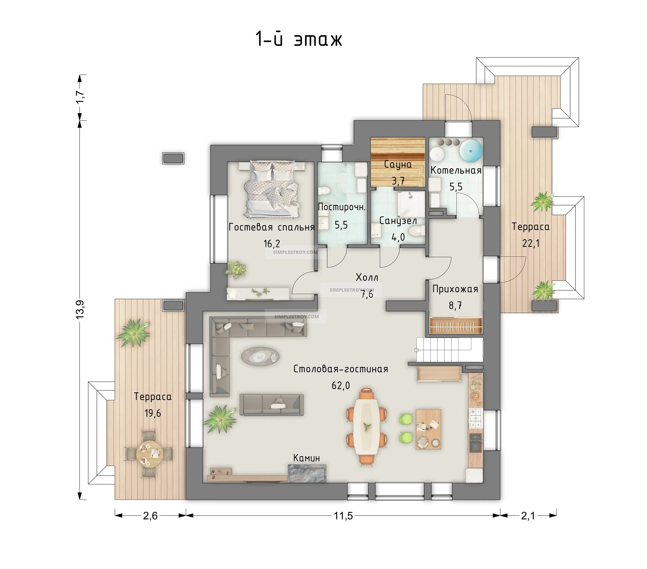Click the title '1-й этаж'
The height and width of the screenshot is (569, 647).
point(299,39)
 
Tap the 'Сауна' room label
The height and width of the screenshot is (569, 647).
point(398,164)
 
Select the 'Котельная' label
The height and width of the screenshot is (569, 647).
point(456,170)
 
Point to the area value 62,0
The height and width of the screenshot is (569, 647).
point(341,386)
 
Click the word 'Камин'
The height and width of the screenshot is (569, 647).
point(306,458)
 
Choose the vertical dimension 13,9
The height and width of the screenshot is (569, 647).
point(80,309)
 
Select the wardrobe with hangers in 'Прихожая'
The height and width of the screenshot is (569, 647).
point(456,325)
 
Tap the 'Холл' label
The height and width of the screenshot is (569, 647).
point(367,277)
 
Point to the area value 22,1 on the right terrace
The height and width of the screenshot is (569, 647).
point(531,243)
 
